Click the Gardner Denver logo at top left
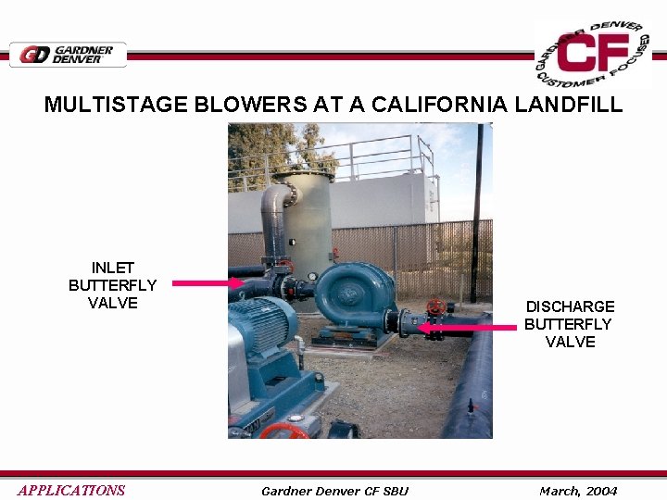click(68, 55)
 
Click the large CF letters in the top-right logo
click(592, 55)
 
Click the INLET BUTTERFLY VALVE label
click(112, 285)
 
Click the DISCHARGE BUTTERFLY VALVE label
click(569, 324)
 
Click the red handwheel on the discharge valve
click(434, 306)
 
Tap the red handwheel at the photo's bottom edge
click(283, 431)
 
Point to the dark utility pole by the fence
click(477, 213)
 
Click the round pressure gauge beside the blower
click(312, 276)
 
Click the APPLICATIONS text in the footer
click(71, 491)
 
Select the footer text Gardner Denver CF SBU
click(334, 491)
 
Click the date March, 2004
click(578, 491)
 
